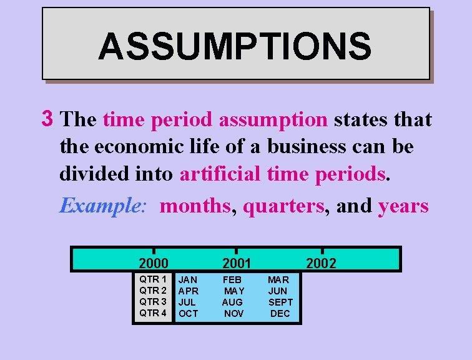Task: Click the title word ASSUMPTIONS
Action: pyautogui.click(x=235, y=46)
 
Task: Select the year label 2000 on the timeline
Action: pyautogui.click(x=154, y=263)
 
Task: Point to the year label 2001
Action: pyautogui.click(x=236, y=263)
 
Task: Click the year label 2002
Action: pyautogui.click(x=321, y=263)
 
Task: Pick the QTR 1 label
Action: pyautogui.click(x=153, y=279)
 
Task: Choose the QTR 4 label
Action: pyautogui.click(x=153, y=313)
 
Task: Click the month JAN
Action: pyautogui.click(x=188, y=280)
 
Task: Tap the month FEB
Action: pyautogui.click(x=233, y=280)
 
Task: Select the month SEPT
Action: pyautogui.click(x=280, y=302)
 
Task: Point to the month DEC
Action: pyautogui.click(x=280, y=314)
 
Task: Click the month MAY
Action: pyautogui.click(x=234, y=291)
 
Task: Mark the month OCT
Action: pyautogui.click(x=188, y=314)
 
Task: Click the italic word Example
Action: pyautogui.click(x=102, y=206)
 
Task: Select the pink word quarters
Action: pyautogui.click(x=283, y=206)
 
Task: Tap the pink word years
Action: pyautogui.click(x=403, y=206)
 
